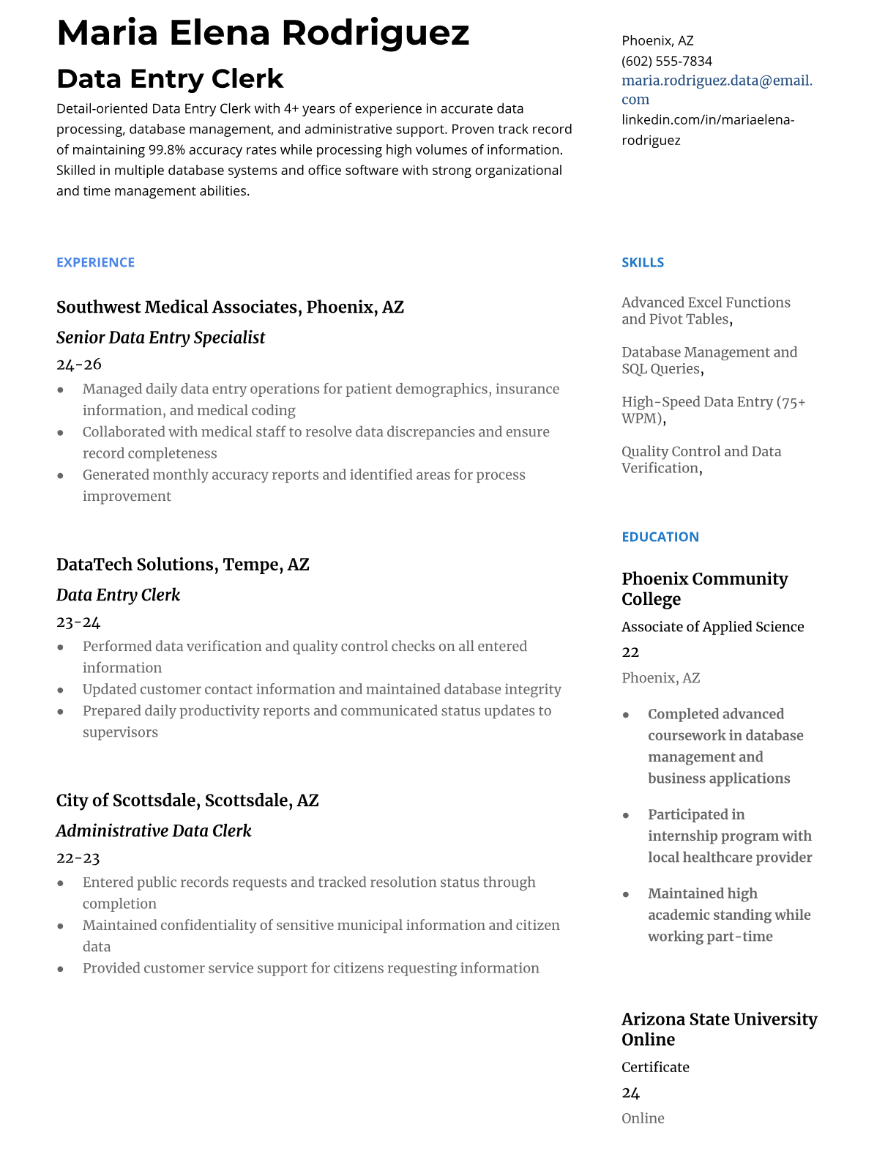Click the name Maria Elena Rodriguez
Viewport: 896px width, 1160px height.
click(x=263, y=33)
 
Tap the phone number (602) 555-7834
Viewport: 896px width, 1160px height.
click(x=666, y=61)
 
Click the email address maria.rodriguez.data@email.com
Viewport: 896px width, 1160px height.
click(x=717, y=89)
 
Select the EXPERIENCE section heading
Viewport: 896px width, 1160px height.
click(x=95, y=262)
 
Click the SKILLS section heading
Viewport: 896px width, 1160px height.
click(x=643, y=262)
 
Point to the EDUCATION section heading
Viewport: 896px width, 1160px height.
click(x=660, y=537)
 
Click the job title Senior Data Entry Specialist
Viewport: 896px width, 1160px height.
click(x=160, y=338)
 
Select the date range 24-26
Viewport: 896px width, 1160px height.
click(x=78, y=365)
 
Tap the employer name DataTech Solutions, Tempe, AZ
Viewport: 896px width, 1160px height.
click(x=182, y=565)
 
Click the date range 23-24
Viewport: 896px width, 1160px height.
click(x=78, y=622)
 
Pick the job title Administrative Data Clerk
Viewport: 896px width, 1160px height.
click(x=153, y=831)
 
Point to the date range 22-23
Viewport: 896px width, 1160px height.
click(x=78, y=858)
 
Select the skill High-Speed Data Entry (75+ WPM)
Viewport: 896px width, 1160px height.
click(x=713, y=410)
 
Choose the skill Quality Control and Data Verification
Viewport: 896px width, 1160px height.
click(x=701, y=460)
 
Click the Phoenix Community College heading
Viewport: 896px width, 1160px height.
click(x=704, y=589)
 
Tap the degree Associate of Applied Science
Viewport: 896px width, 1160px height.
click(x=712, y=627)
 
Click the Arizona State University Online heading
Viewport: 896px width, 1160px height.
click(x=719, y=1029)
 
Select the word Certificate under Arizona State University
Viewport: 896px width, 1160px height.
click(x=655, y=1067)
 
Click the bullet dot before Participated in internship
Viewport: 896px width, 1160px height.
click(x=626, y=815)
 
